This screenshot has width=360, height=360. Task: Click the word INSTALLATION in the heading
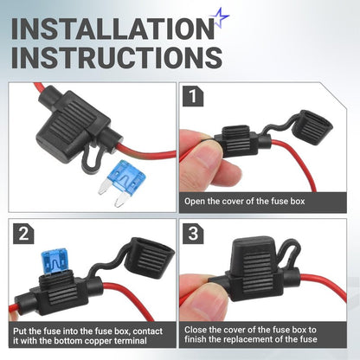(x=113, y=29)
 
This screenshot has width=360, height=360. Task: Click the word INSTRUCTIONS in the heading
(x=117, y=57)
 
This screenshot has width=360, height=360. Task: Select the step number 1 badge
(x=193, y=96)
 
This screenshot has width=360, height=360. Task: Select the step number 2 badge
(x=23, y=234)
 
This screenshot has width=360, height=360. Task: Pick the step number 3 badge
(x=193, y=234)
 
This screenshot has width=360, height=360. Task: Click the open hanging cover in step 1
(x=312, y=127)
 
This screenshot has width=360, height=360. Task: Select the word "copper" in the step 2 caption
(x=96, y=341)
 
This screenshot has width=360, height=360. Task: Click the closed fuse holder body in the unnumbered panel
(x=73, y=122)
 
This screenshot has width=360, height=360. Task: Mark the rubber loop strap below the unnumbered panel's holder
(x=92, y=158)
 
